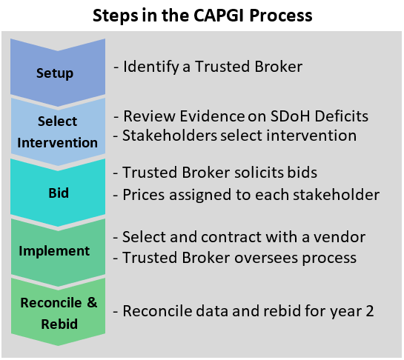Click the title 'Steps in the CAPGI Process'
coord(202,15)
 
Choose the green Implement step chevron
coord(55,250)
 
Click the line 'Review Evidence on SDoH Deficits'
coord(240,117)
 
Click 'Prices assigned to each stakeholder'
coord(246,196)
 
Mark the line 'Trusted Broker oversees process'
coord(235,257)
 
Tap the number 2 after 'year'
coord(369,310)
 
